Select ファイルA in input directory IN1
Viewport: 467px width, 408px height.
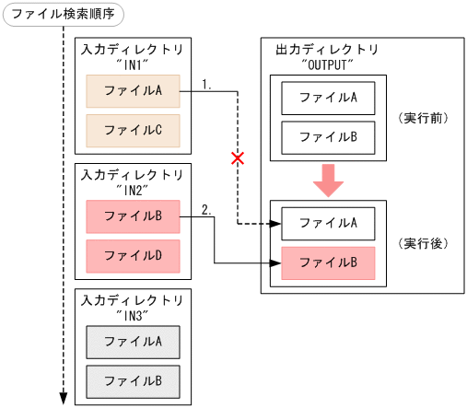(x=133, y=91)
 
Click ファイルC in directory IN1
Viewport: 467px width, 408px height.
(x=133, y=130)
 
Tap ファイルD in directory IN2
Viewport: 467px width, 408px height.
(x=133, y=254)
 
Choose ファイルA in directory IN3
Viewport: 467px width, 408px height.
(x=133, y=342)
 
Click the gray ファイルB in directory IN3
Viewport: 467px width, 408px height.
(x=133, y=380)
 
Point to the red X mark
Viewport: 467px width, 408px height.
(x=238, y=158)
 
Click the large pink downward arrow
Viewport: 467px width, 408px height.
(x=327, y=181)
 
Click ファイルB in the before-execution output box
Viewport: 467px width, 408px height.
(x=327, y=136)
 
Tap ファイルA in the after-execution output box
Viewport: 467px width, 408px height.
(x=327, y=223)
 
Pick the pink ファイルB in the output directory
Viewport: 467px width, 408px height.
(x=327, y=262)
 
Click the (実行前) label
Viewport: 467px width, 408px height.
(x=422, y=118)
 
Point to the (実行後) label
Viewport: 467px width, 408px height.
(x=422, y=243)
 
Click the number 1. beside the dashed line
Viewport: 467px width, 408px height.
(x=207, y=84)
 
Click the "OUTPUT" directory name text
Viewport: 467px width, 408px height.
(x=327, y=65)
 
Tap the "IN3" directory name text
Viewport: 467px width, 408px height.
(x=133, y=315)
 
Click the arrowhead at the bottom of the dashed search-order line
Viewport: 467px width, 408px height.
(x=64, y=398)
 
